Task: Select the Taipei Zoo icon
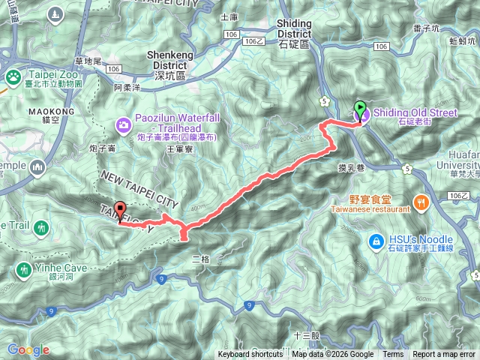[13, 76]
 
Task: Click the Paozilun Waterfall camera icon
[122, 123]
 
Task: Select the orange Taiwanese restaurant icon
[423, 201]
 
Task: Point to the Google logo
[28, 349]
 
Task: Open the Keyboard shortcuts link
[251, 355]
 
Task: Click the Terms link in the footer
[393, 355]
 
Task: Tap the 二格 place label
[201, 259]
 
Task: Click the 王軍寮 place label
[178, 149]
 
